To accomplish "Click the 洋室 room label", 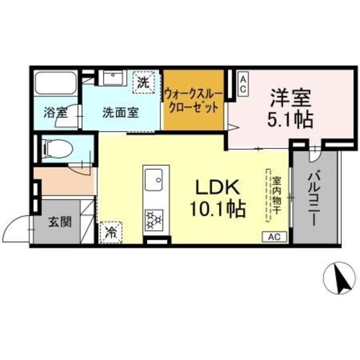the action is (x=290, y=98).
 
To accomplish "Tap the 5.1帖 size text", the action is (x=290, y=119).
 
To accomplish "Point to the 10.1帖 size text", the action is (x=217, y=209).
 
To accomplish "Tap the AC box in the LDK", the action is (x=274, y=237).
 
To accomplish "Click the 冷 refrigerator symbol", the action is (x=111, y=232).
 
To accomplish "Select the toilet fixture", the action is (x=58, y=148).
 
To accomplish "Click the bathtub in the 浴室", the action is (x=56, y=83).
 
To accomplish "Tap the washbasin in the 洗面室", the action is (x=112, y=78).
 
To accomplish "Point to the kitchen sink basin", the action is (x=154, y=180).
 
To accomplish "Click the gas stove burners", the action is (x=154, y=220).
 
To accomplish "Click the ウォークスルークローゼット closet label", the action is (x=193, y=101).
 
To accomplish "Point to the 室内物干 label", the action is (x=276, y=196).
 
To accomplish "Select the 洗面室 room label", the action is (x=120, y=112).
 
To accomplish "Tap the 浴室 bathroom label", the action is (x=55, y=112).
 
